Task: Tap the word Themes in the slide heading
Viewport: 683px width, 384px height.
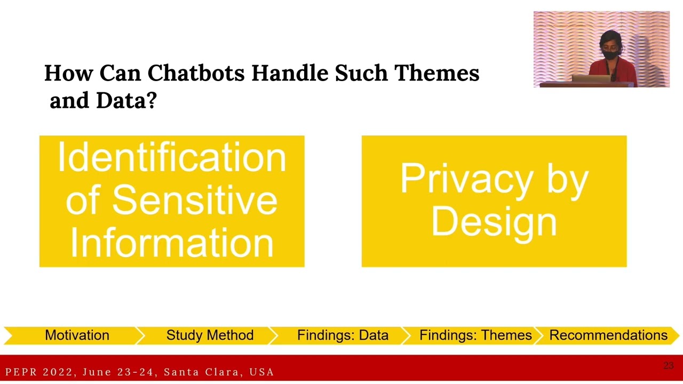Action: click(x=436, y=73)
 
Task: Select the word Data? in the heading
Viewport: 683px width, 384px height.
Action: click(x=126, y=100)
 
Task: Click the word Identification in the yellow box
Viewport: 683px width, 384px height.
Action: click(x=172, y=158)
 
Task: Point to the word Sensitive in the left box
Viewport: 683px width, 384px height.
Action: click(x=194, y=200)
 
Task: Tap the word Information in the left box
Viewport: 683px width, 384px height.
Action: click(x=172, y=242)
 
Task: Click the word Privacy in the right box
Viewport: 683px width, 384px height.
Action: click(x=465, y=179)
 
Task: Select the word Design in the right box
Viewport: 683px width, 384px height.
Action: click(x=494, y=221)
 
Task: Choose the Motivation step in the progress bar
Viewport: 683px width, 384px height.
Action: click(x=77, y=335)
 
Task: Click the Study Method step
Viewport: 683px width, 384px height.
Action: click(x=210, y=335)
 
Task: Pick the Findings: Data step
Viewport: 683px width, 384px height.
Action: click(x=343, y=335)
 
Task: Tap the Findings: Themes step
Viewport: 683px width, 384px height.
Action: click(x=475, y=335)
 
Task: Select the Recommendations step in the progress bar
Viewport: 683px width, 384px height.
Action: click(x=608, y=335)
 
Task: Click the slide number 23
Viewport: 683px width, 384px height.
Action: click(x=668, y=366)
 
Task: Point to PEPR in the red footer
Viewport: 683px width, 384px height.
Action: click(x=22, y=372)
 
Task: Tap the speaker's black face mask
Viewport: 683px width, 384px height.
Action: click(x=610, y=54)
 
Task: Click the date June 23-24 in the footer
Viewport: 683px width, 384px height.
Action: click(x=118, y=372)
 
